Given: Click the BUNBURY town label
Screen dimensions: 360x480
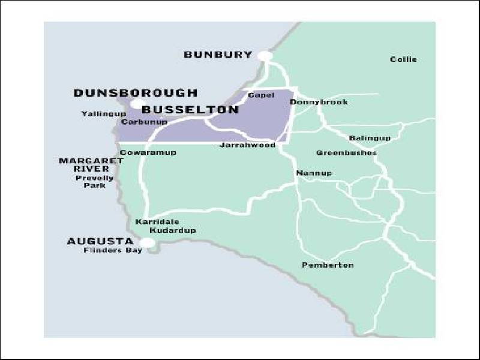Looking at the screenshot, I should [x=218, y=55].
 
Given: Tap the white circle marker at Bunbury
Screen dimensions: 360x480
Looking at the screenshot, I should [x=265, y=56].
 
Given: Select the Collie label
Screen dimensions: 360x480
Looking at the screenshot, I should [x=403, y=59].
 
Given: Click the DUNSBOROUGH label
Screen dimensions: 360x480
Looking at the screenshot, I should [x=135, y=93].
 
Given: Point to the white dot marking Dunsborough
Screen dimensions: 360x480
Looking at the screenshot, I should [x=137, y=105].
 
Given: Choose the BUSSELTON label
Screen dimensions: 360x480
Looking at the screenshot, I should [x=191, y=110].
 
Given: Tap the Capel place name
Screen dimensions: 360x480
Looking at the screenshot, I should [x=261, y=95].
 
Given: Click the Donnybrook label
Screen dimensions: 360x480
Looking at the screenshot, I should [x=319, y=102].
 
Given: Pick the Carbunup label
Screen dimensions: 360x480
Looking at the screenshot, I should [x=143, y=122].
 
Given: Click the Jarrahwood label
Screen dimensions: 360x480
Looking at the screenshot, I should [x=247, y=145].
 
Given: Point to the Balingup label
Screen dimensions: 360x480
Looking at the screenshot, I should [x=370, y=138].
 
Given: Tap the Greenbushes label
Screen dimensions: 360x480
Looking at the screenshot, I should [x=346, y=152].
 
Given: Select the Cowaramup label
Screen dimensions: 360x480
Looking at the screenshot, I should [x=148, y=152].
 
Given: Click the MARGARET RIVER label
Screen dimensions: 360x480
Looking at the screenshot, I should [x=84, y=165].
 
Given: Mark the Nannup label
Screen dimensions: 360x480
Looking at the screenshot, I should [x=314, y=173].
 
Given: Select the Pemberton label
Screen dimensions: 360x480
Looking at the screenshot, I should [x=328, y=265].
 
